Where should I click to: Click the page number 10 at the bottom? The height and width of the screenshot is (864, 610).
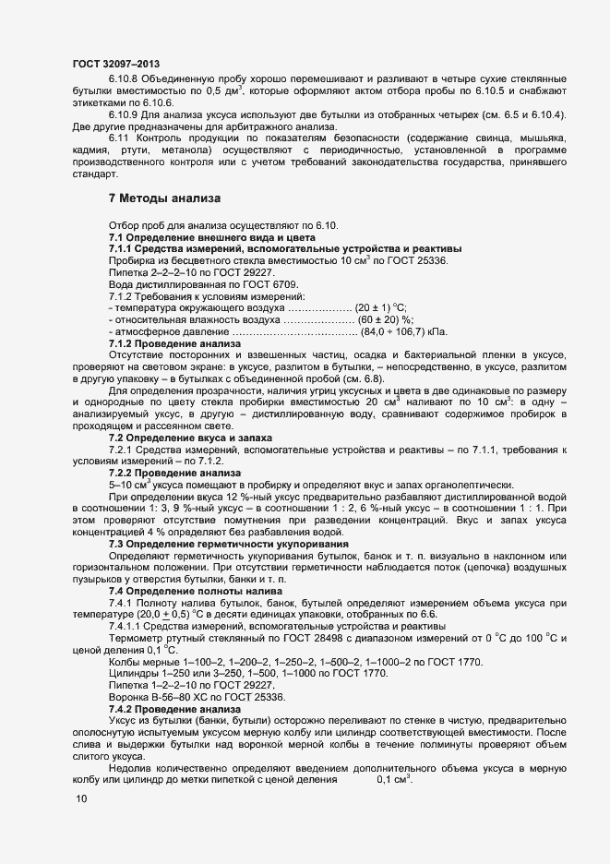coord(81,799)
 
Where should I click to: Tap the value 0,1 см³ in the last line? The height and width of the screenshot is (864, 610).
coord(393,780)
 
